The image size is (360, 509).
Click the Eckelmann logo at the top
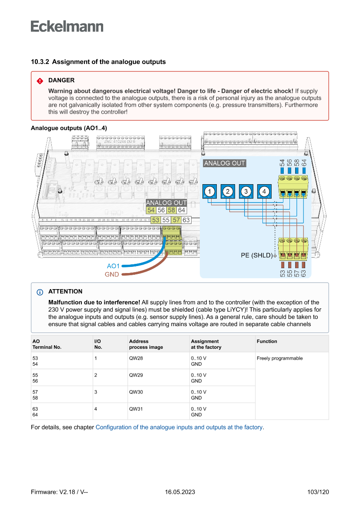pyautogui.click(x=67, y=27)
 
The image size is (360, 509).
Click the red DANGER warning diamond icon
pyautogui.click(x=40, y=81)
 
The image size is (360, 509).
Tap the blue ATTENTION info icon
pyautogui.click(x=40, y=292)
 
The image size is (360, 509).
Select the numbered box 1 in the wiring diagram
pyautogui.click(x=209, y=192)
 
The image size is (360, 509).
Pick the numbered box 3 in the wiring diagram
pyautogui.click(x=246, y=192)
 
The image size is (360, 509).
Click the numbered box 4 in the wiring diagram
pyautogui.click(x=264, y=192)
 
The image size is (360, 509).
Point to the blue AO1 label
pyautogui.click(x=113, y=266)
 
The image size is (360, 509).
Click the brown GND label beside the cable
pyautogui.click(x=112, y=274)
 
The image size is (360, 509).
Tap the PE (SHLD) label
pyautogui.click(x=256, y=255)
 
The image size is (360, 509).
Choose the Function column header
pyautogui.click(x=267, y=341)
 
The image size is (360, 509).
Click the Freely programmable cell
pyautogui.click(x=279, y=358)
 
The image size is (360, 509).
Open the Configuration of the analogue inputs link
pyautogui.click(x=179, y=427)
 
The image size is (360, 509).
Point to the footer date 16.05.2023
pyautogui.click(x=180, y=492)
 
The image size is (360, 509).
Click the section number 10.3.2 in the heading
pyautogui.click(x=40, y=62)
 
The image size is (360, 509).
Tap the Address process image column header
pyautogui.click(x=146, y=344)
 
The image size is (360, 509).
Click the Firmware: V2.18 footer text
pyautogui.click(x=60, y=492)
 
